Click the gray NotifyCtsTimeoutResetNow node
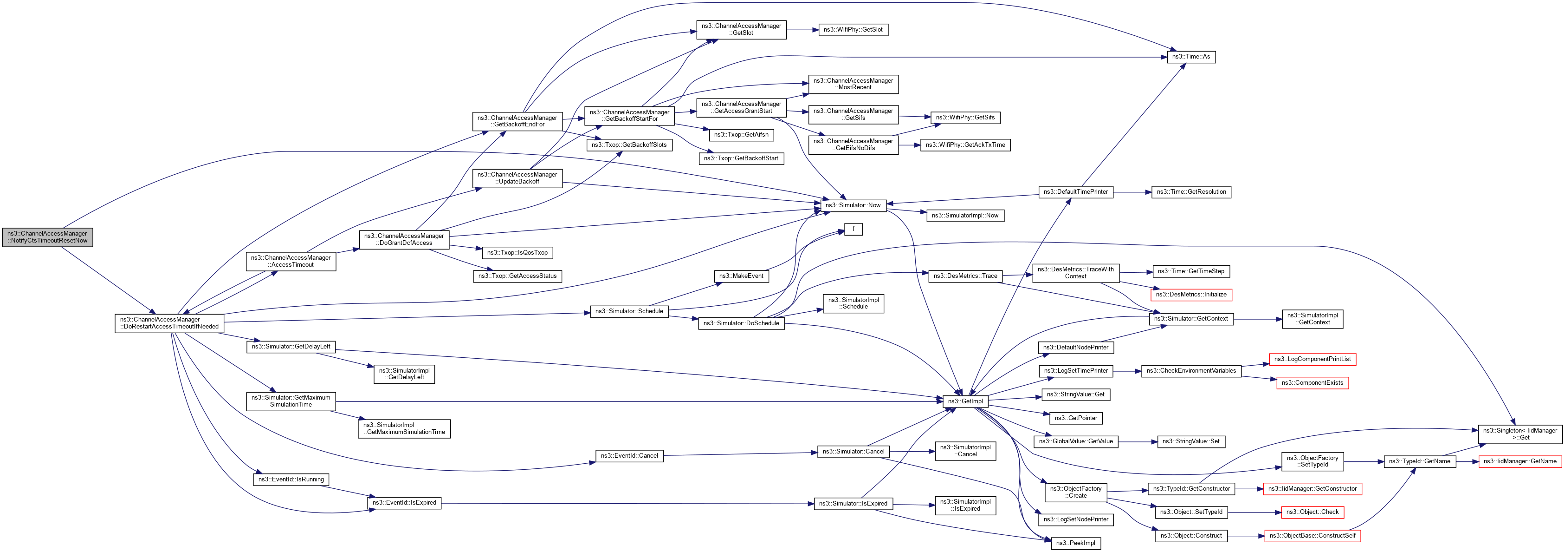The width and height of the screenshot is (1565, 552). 47,237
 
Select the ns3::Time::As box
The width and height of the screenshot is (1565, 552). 1191,57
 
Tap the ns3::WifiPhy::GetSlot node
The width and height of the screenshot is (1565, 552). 853,29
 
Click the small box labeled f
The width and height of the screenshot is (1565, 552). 853,229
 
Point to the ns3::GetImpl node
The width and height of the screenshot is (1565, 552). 965,401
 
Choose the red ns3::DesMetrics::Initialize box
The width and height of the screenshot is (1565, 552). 1191,294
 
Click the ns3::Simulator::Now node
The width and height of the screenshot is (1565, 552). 853,205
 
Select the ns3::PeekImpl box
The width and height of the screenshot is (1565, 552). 1075,543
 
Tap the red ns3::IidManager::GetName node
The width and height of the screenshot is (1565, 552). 1520,461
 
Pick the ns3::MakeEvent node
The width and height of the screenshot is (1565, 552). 741,276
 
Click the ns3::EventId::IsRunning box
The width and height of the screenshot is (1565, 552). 291,479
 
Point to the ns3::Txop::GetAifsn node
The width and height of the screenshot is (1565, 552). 741,134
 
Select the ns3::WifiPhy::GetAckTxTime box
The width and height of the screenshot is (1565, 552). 965,145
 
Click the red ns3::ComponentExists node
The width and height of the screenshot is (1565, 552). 1312,382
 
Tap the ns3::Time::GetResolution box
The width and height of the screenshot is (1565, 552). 1191,191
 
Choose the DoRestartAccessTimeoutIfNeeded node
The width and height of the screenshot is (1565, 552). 169,323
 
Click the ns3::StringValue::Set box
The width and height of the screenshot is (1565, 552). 1191,441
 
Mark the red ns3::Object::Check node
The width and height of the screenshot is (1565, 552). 1312,512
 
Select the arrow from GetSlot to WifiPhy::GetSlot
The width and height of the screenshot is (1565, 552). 802,29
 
